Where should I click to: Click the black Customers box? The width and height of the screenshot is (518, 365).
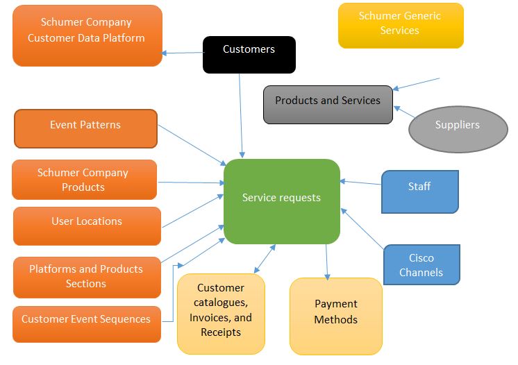point(249,54)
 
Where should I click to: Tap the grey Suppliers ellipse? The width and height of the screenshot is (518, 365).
point(458,128)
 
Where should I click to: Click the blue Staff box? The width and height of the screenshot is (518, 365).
point(419,191)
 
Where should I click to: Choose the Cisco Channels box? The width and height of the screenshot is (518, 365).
point(421,264)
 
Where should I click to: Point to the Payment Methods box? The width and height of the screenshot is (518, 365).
point(335,316)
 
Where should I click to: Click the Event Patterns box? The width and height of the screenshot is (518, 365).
point(85,128)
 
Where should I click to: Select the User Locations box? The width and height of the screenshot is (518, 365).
point(87,226)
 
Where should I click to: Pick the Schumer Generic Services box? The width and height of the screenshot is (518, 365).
point(400,25)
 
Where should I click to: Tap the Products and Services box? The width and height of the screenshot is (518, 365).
point(328,104)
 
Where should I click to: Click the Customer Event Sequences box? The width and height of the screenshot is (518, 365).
point(87,323)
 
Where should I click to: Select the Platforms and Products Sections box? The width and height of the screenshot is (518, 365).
point(86,275)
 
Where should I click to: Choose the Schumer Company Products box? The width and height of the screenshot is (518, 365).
point(84,180)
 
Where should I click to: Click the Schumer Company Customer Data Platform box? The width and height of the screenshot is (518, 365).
point(87,35)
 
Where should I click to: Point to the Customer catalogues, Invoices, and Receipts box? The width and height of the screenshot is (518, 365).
point(221,314)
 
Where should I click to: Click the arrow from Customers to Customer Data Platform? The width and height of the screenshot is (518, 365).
point(182,52)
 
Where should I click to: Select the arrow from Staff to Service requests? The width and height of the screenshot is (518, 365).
point(360,183)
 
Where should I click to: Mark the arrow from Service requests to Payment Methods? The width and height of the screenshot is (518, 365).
point(326,261)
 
